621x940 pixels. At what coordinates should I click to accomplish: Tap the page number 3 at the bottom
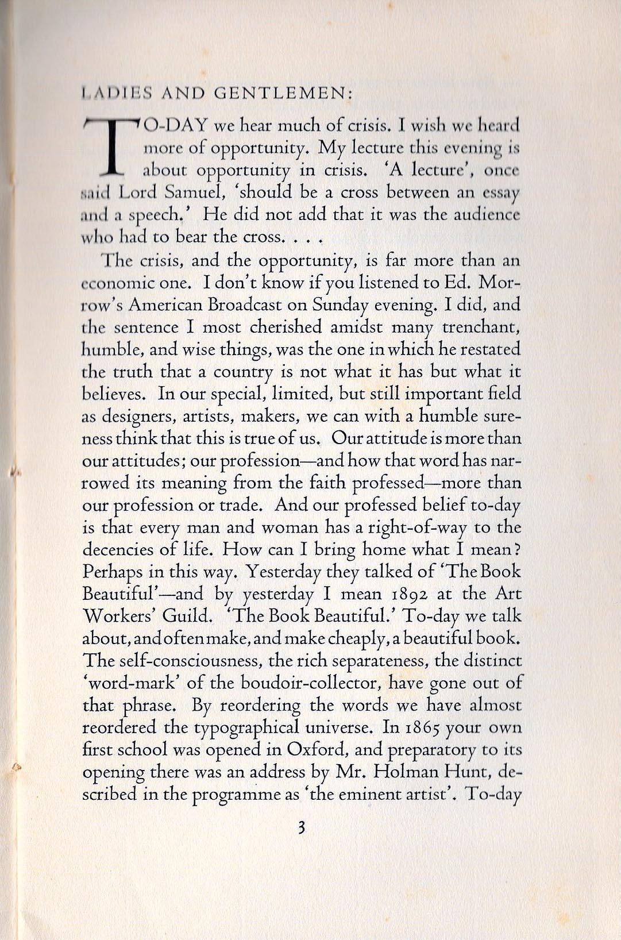pyautogui.click(x=301, y=828)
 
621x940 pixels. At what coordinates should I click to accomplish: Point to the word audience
pyautogui.click(x=489, y=215)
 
